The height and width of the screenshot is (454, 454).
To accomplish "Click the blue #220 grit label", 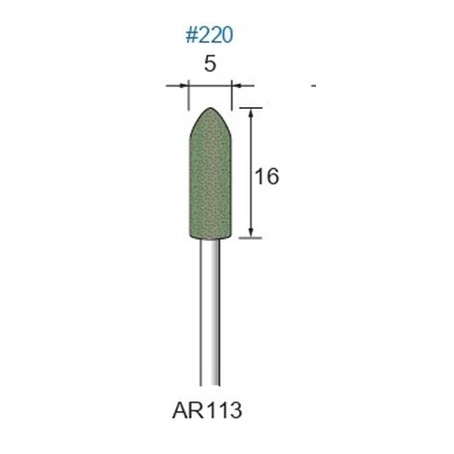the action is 210,35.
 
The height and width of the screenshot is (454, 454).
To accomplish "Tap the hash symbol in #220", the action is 192,35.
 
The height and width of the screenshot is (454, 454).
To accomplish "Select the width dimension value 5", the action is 210,64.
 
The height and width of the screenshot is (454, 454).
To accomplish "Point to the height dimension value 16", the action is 267,176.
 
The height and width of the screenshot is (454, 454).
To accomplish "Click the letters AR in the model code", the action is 188,410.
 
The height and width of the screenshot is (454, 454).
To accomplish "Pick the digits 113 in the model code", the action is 224,410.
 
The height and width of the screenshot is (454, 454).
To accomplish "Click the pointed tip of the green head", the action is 211,108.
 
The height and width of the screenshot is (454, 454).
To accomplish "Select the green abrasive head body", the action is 211,174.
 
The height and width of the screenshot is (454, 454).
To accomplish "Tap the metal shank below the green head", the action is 210,312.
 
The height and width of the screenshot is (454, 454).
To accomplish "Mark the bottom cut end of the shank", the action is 210,385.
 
